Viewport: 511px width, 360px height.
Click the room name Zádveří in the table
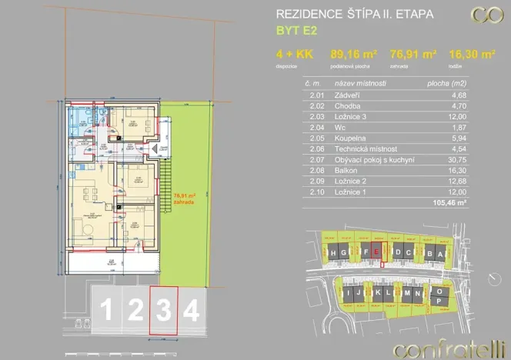(350, 95)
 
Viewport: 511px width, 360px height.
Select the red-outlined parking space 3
(163, 311)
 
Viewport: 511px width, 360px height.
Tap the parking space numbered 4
(192, 311)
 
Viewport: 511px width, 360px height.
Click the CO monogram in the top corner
(486, 15)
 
